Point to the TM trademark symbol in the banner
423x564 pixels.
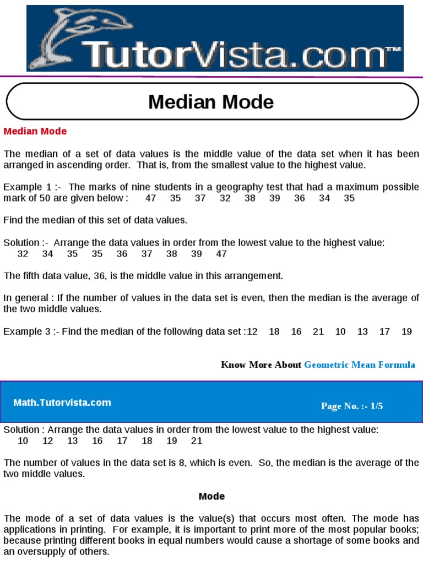click(x=394, y=50)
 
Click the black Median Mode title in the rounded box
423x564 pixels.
click(x=211, y=102)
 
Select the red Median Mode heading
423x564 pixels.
click(x=35, y=131)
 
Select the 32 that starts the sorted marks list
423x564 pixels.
click(x=23, y=254)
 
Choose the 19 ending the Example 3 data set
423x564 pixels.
click(x=406, y=332)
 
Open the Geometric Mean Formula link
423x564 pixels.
click(x=359, y=365)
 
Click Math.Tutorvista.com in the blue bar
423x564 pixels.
click(x=62, y=403)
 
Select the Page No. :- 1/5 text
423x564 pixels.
click(x=352, y=406)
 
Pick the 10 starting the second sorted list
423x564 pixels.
click(x=23, y=441)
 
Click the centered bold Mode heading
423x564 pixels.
click(x=211, y=496)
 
